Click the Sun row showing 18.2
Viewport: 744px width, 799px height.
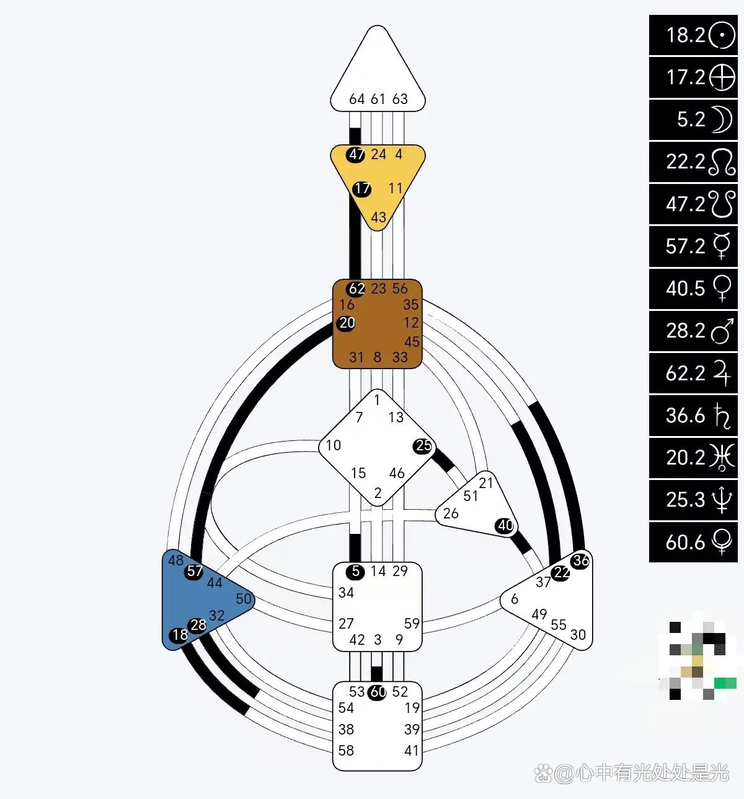[x=693, y=35]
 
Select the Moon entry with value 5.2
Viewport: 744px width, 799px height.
[x=693, y=119]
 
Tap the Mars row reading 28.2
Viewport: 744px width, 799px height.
[x=693, y=331]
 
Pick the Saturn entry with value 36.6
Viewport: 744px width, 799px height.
[x=693, y=415]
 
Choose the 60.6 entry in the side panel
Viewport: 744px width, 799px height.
[x=693, y=542]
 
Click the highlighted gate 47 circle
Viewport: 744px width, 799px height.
[x=356, y=154]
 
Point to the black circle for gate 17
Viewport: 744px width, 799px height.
[x=361, y=188]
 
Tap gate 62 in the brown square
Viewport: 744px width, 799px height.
[x=356, y=289]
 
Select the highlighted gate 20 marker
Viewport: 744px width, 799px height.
[x=347, y=323]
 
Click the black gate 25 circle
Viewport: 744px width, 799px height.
[x=423, y=446]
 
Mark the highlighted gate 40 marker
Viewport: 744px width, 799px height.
[x=505, y=526]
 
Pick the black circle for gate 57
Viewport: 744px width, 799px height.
[x=194, y=571]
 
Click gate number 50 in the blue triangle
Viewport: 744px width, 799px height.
[x=244, y=599]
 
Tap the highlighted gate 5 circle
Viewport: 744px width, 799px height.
[x=355, y=571]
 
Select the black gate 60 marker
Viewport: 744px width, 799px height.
[x=378, y=692]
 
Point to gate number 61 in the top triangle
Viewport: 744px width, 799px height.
[x=378, y=99]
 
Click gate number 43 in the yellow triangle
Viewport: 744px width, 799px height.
[x=378, y=217]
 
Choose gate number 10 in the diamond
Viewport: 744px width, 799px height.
[x=334, y=445]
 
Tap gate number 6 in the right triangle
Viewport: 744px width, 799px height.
[x=515, y=599]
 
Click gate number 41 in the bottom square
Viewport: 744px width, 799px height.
[x=412, y=751]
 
